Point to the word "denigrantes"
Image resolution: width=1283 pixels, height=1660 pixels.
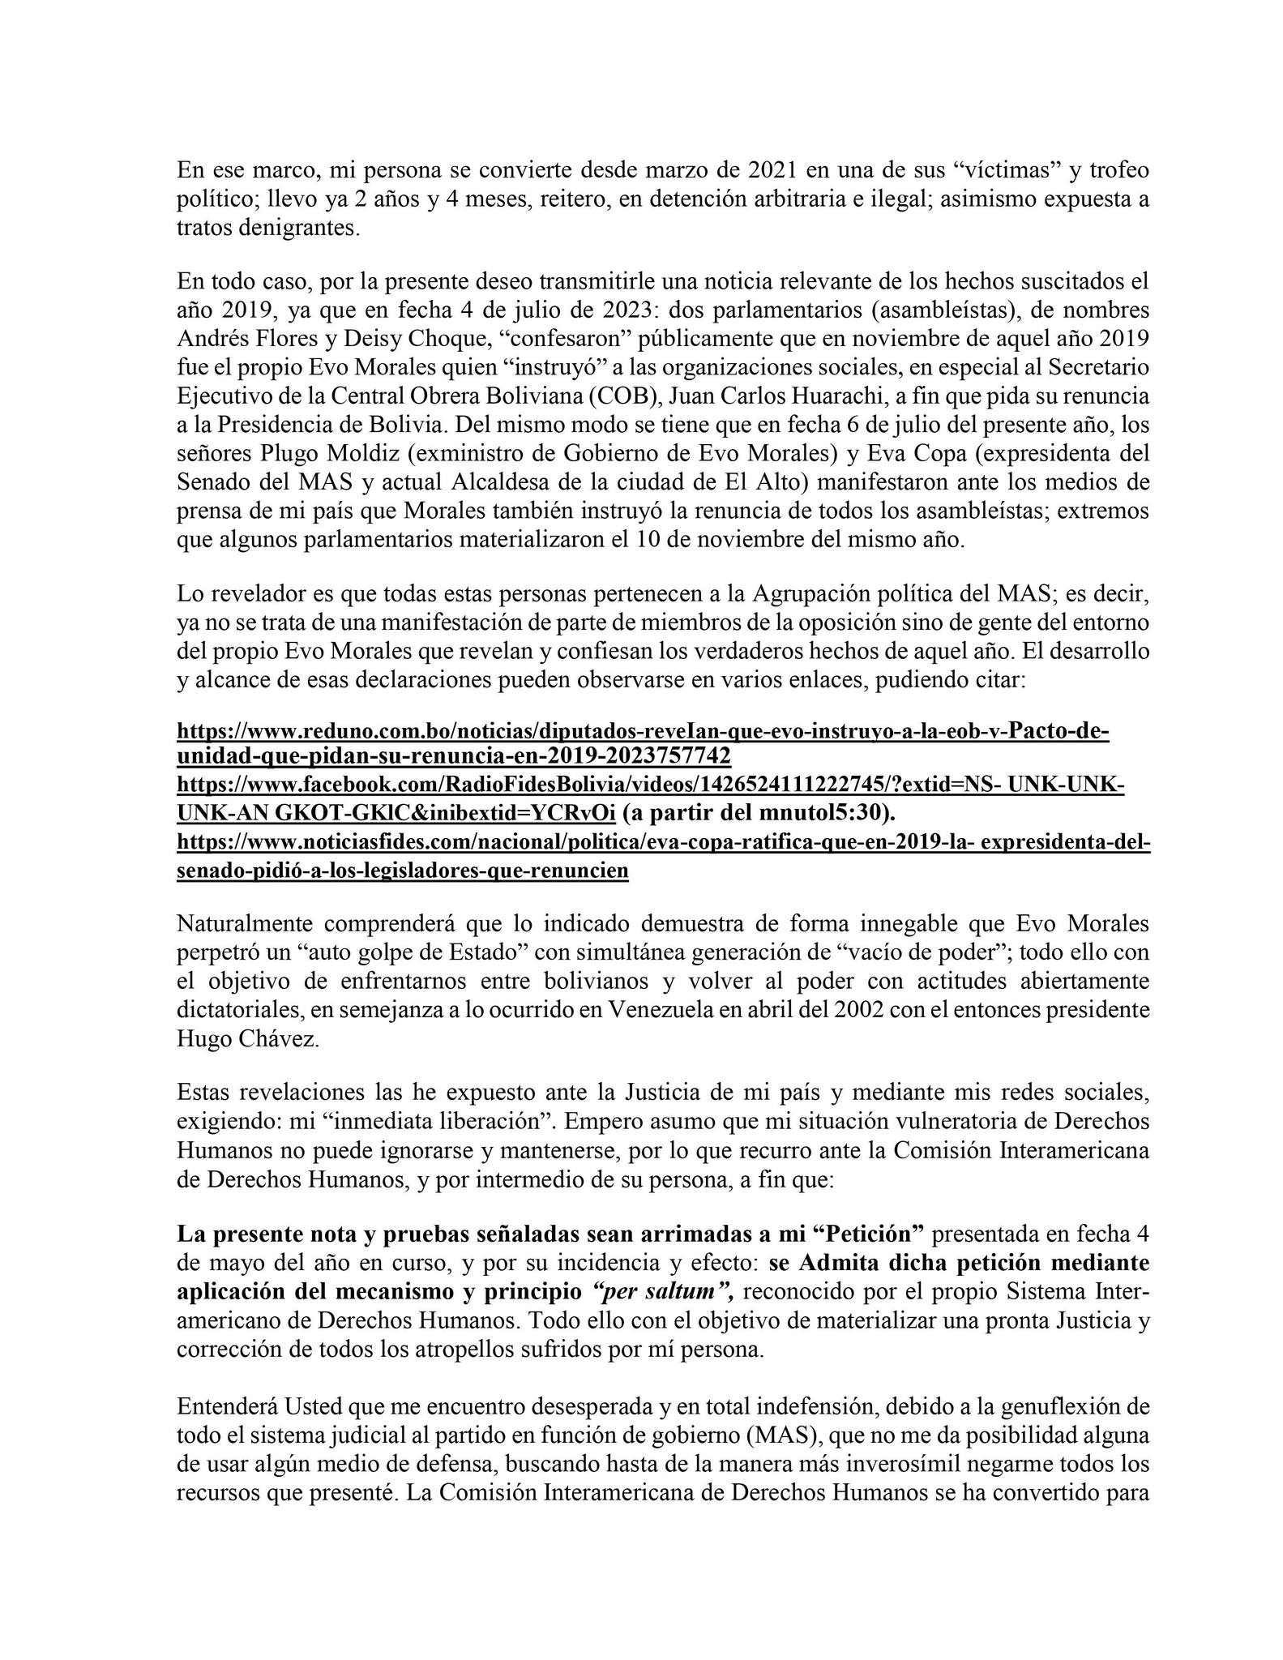pos(296,228)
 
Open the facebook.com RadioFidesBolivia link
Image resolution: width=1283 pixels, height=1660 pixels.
pos(650,785)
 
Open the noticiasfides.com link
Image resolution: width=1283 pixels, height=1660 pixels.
pos(663,844)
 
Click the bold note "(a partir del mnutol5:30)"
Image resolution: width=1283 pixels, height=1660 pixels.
pos(758,813)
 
